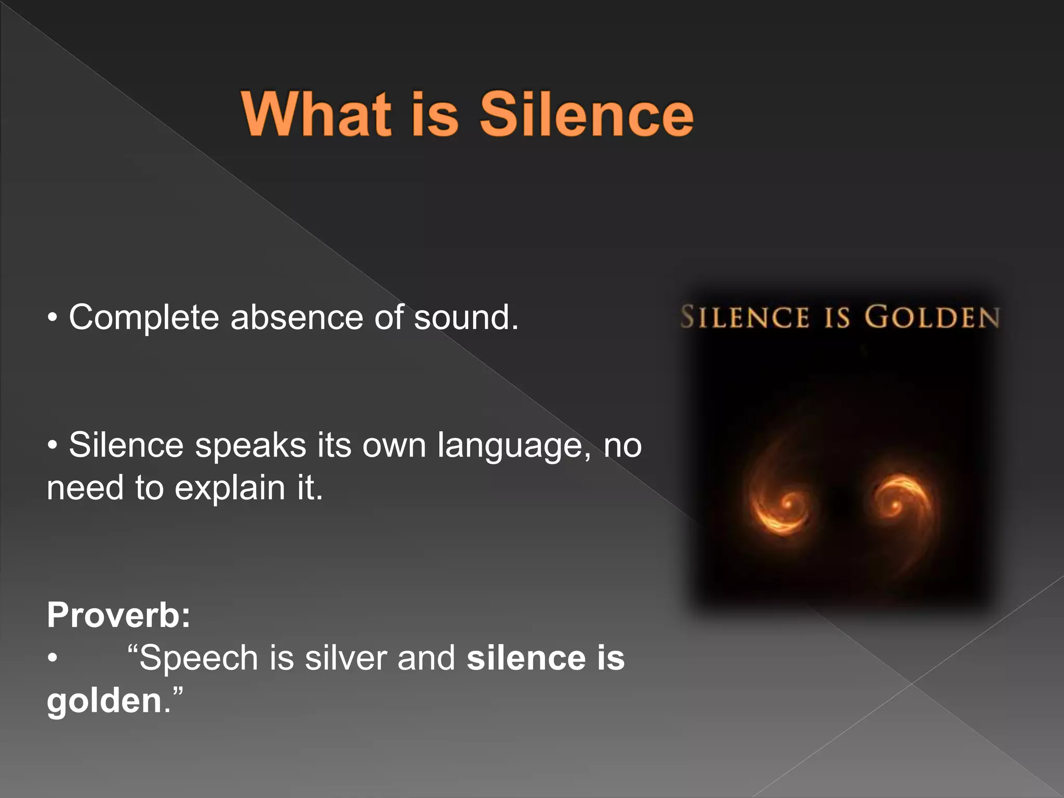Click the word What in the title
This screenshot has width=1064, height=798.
click(316, 114)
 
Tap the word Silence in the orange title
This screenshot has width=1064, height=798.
click(586, 114)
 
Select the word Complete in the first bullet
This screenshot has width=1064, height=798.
click(144, 318)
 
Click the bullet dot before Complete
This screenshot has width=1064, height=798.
click(52, 318)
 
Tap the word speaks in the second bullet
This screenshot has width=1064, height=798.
click(250, 446)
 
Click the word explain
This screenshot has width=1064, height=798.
click(230, 488)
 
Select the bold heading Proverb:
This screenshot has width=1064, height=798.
click(119, 615)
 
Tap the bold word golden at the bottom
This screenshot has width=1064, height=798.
click(104, 701)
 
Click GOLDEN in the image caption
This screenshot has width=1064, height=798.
click(932, 317)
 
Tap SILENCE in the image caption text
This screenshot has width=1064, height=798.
click(744, 317)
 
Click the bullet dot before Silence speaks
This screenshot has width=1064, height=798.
click(52, 446)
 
